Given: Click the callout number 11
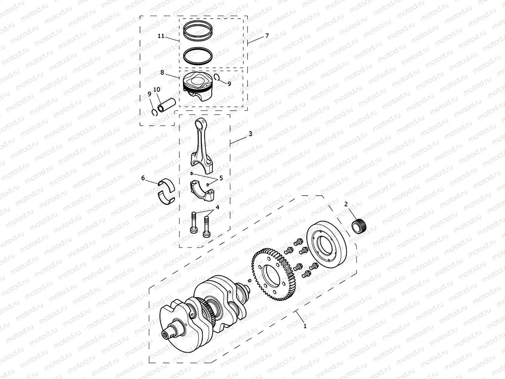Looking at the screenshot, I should point(161,36).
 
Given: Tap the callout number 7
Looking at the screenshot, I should point(267,36).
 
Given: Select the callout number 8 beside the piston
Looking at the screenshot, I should point(162,73).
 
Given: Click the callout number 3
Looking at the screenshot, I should point(250,133).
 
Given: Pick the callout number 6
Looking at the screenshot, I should point(143,178).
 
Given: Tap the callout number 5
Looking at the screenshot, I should point(221,178).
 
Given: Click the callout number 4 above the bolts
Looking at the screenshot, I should point(217,207).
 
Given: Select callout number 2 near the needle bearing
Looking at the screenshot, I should point(346,204).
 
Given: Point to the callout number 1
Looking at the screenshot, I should point(304,326).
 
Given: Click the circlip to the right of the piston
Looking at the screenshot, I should point(217,77).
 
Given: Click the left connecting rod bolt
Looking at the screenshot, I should point(194,223).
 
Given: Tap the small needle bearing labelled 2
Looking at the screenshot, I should point(360,226).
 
